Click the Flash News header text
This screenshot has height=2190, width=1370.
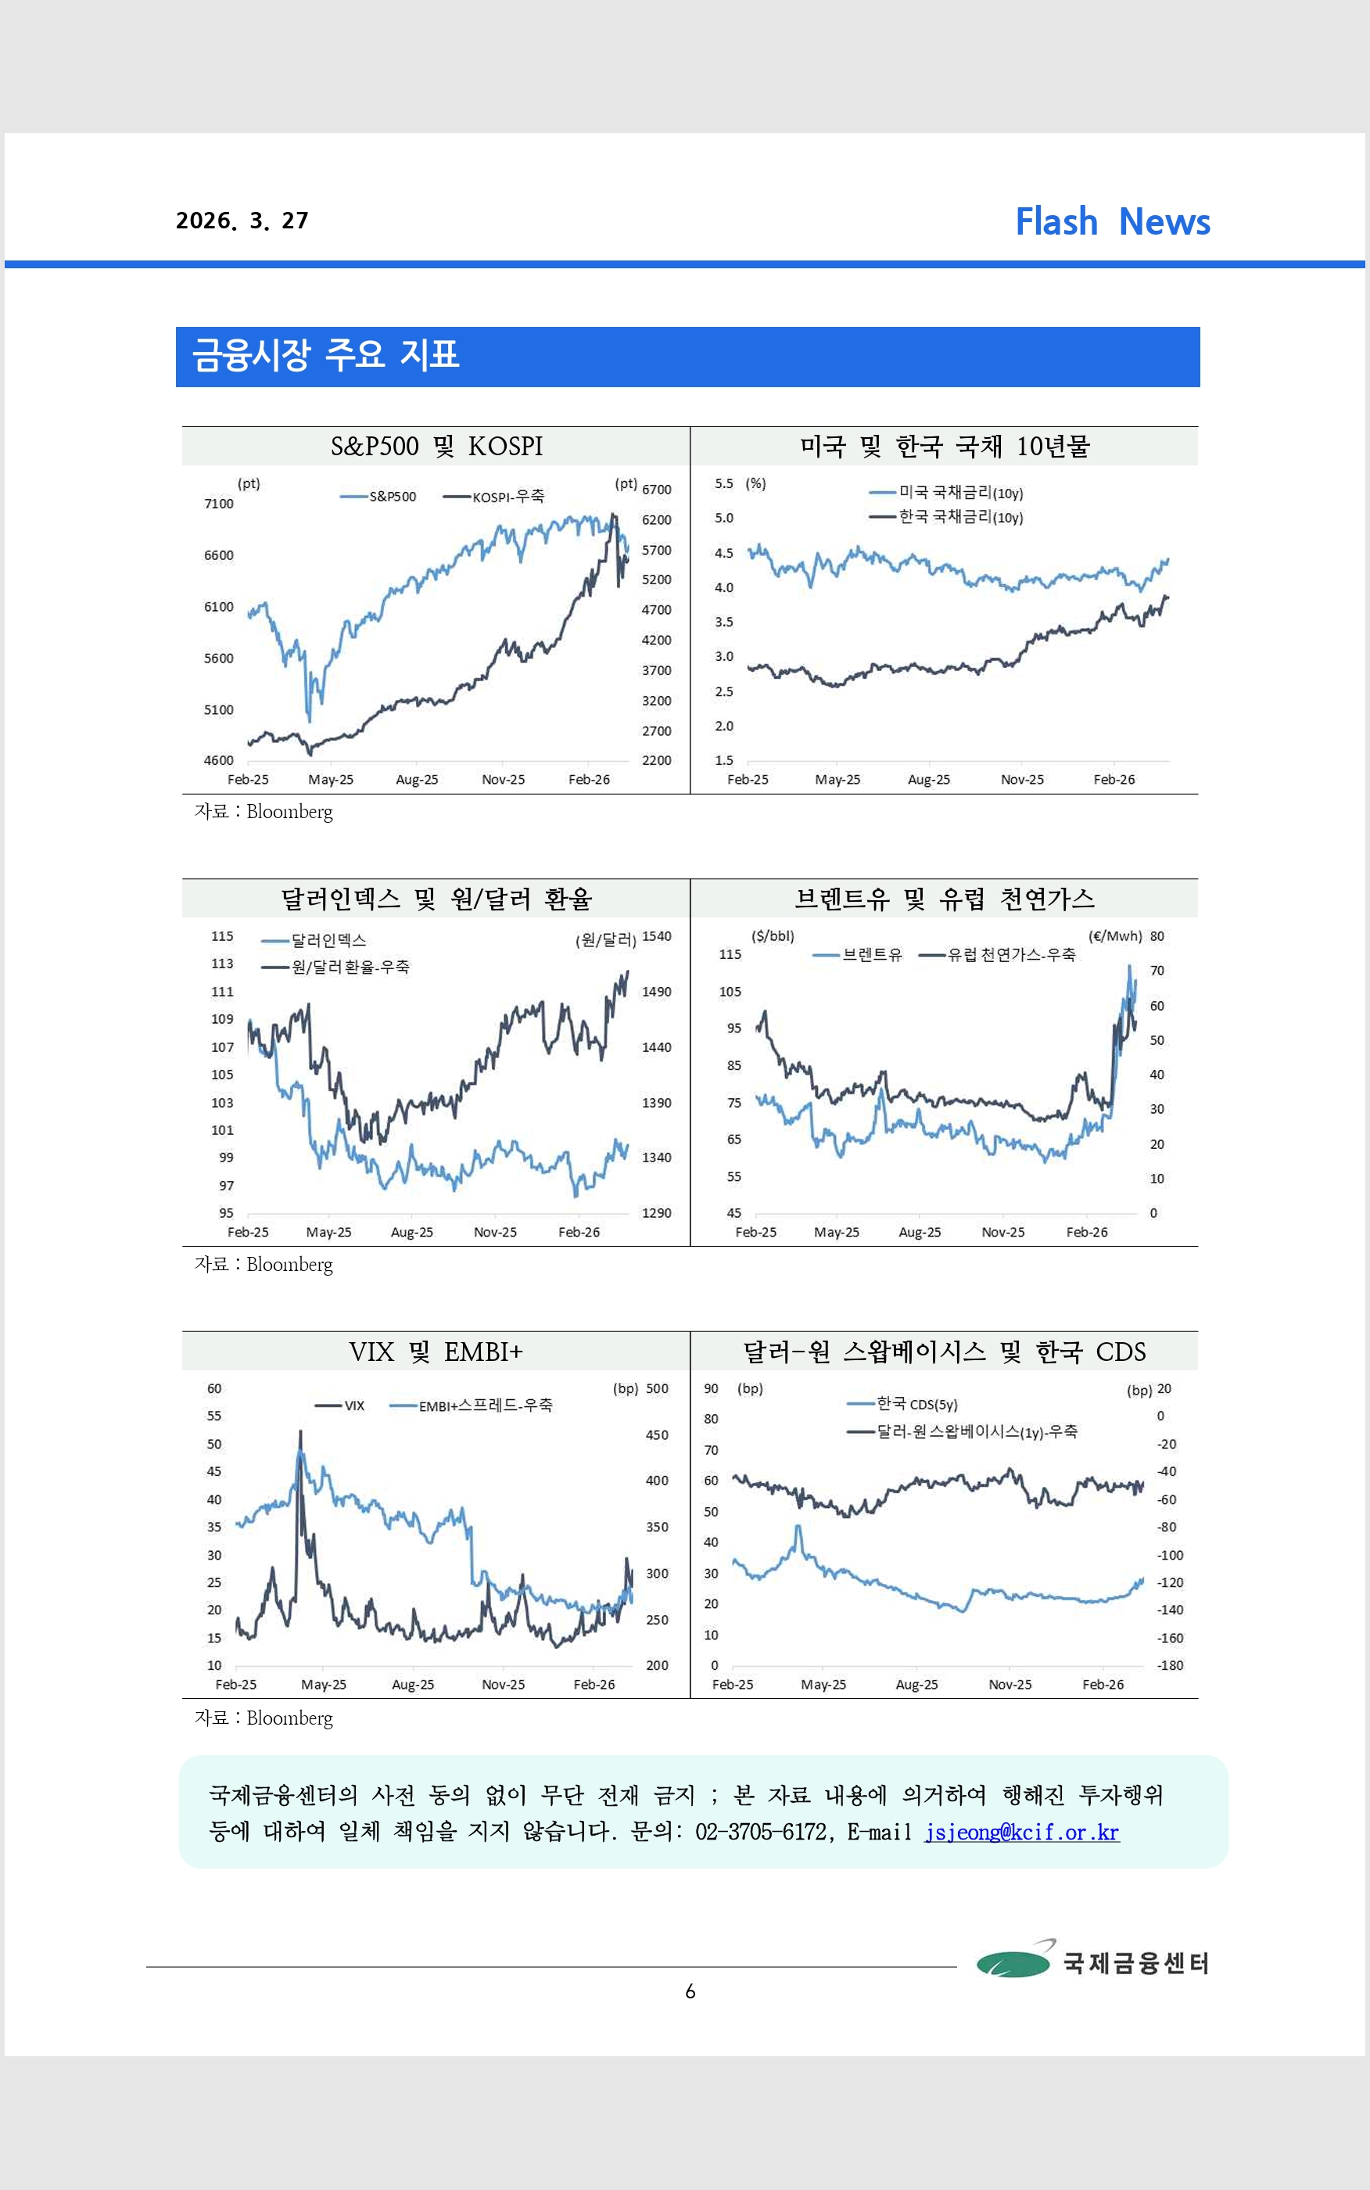point(1112,222)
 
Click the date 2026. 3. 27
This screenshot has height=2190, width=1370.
point(242,221)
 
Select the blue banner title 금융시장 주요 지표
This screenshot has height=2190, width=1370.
point(326,355)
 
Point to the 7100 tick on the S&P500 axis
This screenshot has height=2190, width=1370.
point(218,504)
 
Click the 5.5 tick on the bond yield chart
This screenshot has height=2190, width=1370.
point(723,484)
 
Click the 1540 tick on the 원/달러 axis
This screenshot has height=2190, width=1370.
point(657,936)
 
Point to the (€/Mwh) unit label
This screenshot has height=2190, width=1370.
point(1114,936)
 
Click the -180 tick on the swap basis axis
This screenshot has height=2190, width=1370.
point(1170,1665)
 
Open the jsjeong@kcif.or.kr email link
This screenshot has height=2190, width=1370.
point(1021,1832)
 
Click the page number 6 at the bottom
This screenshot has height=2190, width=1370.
point(690,1991)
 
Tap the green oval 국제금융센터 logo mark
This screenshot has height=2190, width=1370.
point(1013,1962)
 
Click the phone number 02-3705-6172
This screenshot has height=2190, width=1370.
point(760,1832)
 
